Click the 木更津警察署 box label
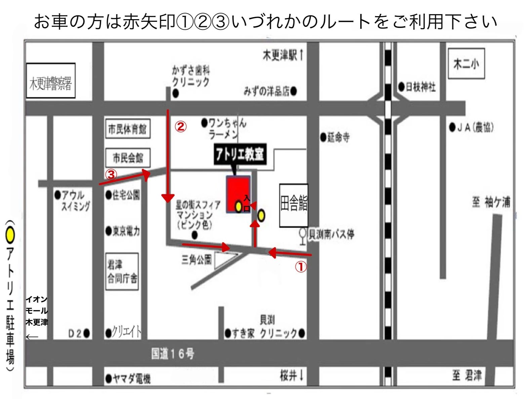(51, 81)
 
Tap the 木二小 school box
(466, 64)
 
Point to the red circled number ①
(301, 267)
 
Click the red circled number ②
(180, 127)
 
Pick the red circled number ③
(111, 174)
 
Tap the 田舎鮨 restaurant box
(294, 205)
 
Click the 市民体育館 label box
(127, 129)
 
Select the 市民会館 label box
(127, 158)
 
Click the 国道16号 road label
(172, 354)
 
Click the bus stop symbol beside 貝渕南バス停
(303, 235)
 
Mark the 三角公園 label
(196, 260)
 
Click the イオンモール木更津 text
(37, 311)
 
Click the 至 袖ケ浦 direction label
(491, 202)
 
